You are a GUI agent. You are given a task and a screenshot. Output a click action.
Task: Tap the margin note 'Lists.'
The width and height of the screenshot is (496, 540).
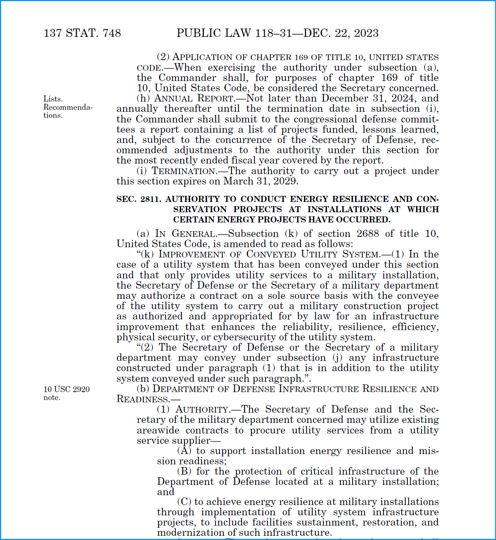53,99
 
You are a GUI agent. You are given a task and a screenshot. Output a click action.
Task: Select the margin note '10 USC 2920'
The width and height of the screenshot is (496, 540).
67,389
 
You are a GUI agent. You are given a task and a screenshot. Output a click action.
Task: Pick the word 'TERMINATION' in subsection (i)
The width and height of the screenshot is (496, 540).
184,171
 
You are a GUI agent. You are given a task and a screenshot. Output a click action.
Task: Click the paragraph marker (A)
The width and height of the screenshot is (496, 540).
184,451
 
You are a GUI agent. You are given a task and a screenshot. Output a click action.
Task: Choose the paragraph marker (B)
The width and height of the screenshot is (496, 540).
184,471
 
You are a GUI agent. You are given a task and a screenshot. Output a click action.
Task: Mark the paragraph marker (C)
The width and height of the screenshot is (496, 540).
184,502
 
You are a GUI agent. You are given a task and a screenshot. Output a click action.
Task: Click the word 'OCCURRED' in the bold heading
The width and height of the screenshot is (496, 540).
367,219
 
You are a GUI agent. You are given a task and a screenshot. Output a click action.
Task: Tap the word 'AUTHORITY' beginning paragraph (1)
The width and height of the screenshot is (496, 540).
202,410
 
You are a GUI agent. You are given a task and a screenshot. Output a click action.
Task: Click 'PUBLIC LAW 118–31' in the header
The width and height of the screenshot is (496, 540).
234,33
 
